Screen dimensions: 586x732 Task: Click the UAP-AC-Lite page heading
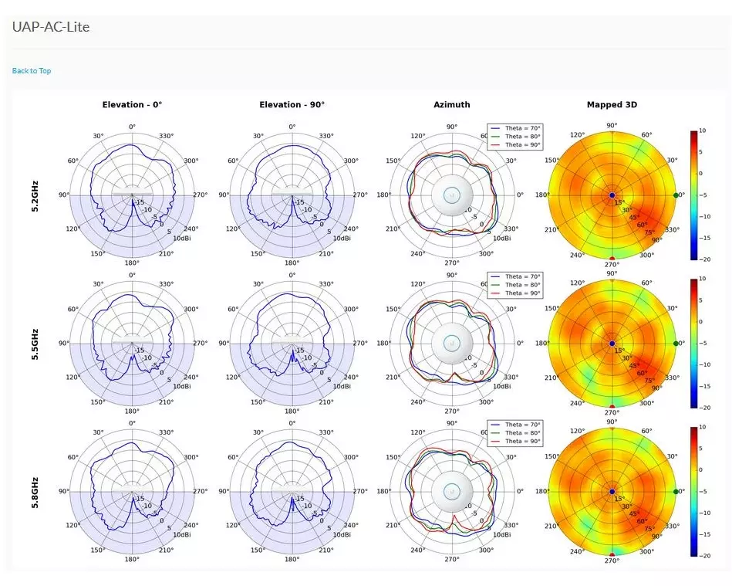51,28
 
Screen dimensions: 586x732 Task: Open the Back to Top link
32,71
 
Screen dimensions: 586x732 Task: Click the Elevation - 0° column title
132,105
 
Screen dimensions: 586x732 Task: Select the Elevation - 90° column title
292,105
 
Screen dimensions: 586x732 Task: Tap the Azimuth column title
451,105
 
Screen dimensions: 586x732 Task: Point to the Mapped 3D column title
612,105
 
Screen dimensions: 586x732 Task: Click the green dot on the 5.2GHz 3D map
676,195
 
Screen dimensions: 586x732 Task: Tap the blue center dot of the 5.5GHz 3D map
612,344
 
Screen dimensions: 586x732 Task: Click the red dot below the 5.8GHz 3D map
612,555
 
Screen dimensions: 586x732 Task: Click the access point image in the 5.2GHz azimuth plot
451,195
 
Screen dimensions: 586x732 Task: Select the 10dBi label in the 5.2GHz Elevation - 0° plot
182,238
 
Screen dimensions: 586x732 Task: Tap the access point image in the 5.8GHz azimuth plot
451,491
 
